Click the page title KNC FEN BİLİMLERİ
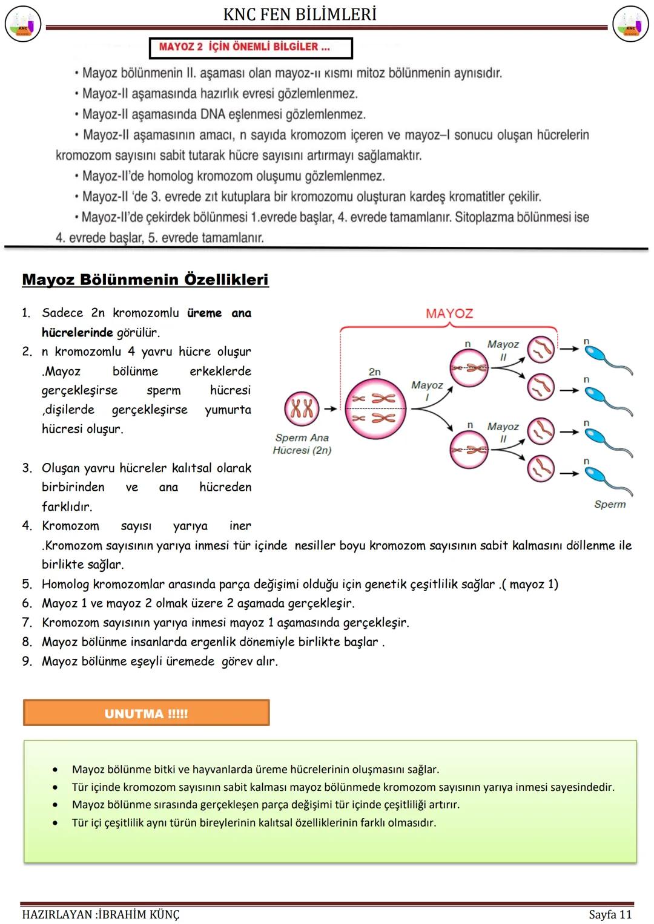300,14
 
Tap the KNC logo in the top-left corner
23,24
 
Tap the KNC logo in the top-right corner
630,24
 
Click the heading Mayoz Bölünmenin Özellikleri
145,280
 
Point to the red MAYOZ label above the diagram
449,313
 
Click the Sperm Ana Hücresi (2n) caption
302,444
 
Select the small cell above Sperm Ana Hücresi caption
302,408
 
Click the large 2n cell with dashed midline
374,408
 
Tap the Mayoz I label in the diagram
427,390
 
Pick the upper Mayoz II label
503,350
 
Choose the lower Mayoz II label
503,432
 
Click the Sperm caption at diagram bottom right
609,504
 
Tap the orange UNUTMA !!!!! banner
146,713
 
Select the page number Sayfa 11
610,914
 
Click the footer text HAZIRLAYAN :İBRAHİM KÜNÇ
101,914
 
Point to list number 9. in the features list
27,661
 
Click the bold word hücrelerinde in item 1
77,332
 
